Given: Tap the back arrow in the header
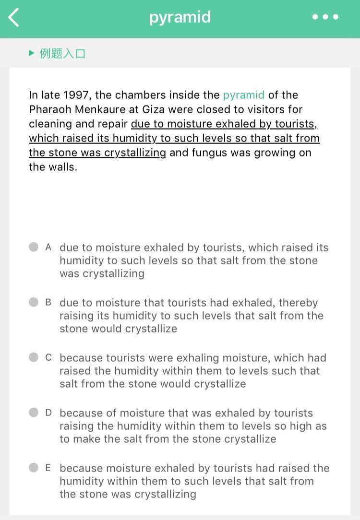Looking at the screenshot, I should click(14, 17).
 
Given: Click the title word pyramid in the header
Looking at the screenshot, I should click(180, 17).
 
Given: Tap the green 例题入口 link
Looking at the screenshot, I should click(62, 53).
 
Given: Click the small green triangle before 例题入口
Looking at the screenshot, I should click(32, 53).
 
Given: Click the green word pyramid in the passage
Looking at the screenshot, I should click(243, 95).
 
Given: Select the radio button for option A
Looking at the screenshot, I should click(34, 247).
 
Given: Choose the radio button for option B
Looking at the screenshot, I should click(34, 302).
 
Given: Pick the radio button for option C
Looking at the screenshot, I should click(34, 357).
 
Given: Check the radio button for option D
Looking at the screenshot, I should click(34, 413).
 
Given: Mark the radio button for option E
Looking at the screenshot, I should click(34, 468).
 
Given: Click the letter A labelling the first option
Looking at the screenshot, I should click(48, 247).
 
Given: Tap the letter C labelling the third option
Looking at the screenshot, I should click(48, 357).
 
